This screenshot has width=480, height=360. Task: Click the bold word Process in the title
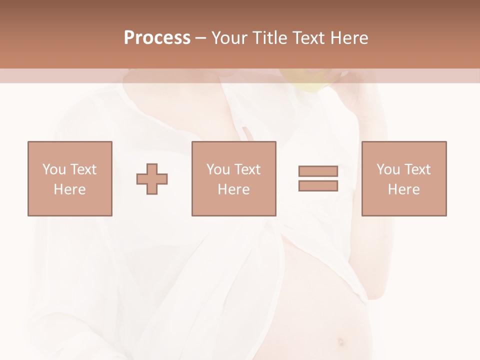point(157,38)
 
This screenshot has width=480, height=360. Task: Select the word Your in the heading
point(229,38)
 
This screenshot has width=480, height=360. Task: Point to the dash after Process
point(200,38)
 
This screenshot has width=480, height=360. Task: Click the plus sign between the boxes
point(152,179)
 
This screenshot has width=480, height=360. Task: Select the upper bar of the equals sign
point(318,171)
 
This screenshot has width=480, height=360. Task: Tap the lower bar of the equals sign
point(318,186)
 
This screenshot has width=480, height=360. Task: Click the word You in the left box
point(53,169)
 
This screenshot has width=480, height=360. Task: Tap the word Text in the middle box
point(247,169)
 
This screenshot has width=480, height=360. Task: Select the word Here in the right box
point(403,189)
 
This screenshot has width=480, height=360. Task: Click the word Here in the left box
point(69,189)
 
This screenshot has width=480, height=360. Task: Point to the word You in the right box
point(388,169)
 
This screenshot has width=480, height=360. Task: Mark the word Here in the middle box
point(233,189)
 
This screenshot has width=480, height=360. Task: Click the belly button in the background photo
point(341,342)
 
